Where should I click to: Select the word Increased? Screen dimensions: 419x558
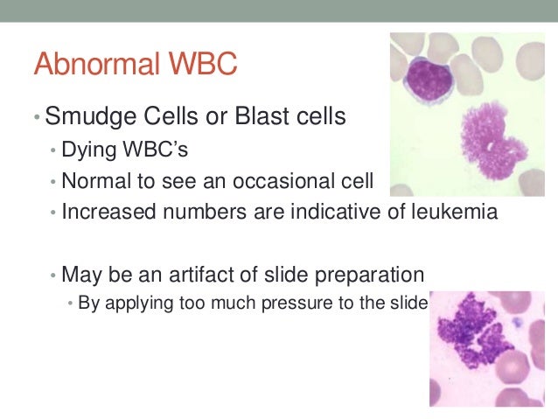pyautogui.click(x=104, y=212)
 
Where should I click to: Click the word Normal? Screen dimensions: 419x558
pyautogui.click(x=94, y=181)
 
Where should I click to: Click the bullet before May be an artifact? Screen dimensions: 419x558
pyautogui.click(x=53, y=275)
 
